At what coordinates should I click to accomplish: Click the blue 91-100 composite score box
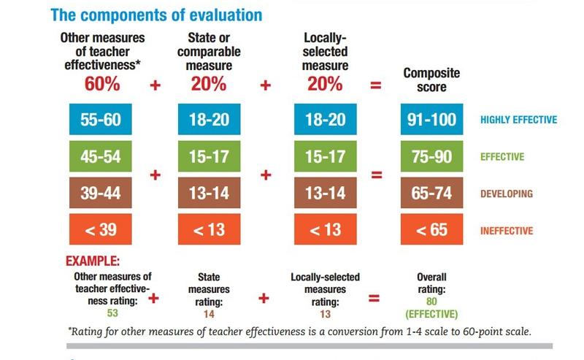pos(433,120)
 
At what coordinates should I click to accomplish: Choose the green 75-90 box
pos(433,157)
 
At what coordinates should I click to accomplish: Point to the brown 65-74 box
pos(433,194)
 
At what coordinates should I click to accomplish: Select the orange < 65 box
pos(433,231)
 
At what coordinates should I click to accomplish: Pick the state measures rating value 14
pos(208,315)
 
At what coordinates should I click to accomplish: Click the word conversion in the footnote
pos(330,331)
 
